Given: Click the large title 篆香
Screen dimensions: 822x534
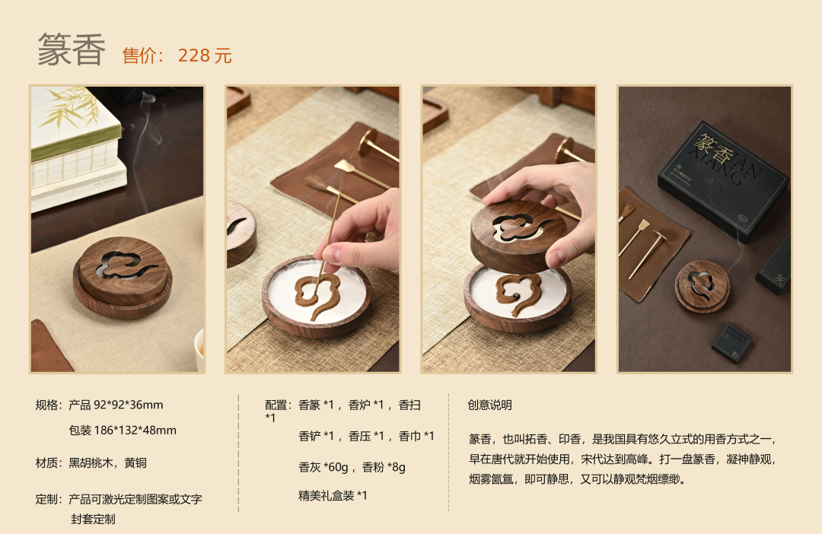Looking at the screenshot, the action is point(72,49).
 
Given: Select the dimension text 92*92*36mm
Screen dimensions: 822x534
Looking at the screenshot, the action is point(129,405).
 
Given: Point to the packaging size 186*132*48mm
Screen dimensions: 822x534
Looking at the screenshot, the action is point(135,431).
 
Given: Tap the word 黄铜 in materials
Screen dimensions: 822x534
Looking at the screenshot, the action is point(135,462).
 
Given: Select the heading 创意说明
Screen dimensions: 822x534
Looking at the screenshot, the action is point(489,405).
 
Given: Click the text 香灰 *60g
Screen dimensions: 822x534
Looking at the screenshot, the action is point(323,467).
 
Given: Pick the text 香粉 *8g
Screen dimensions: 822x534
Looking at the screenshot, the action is point(383,467).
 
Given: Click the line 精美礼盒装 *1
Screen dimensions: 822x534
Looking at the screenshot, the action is point(333,495).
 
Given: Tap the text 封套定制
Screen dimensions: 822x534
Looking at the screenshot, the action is point(93,519).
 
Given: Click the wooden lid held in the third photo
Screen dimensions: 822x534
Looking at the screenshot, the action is point(518,235).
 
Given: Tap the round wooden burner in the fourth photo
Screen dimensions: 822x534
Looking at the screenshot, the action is point(702,286).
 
